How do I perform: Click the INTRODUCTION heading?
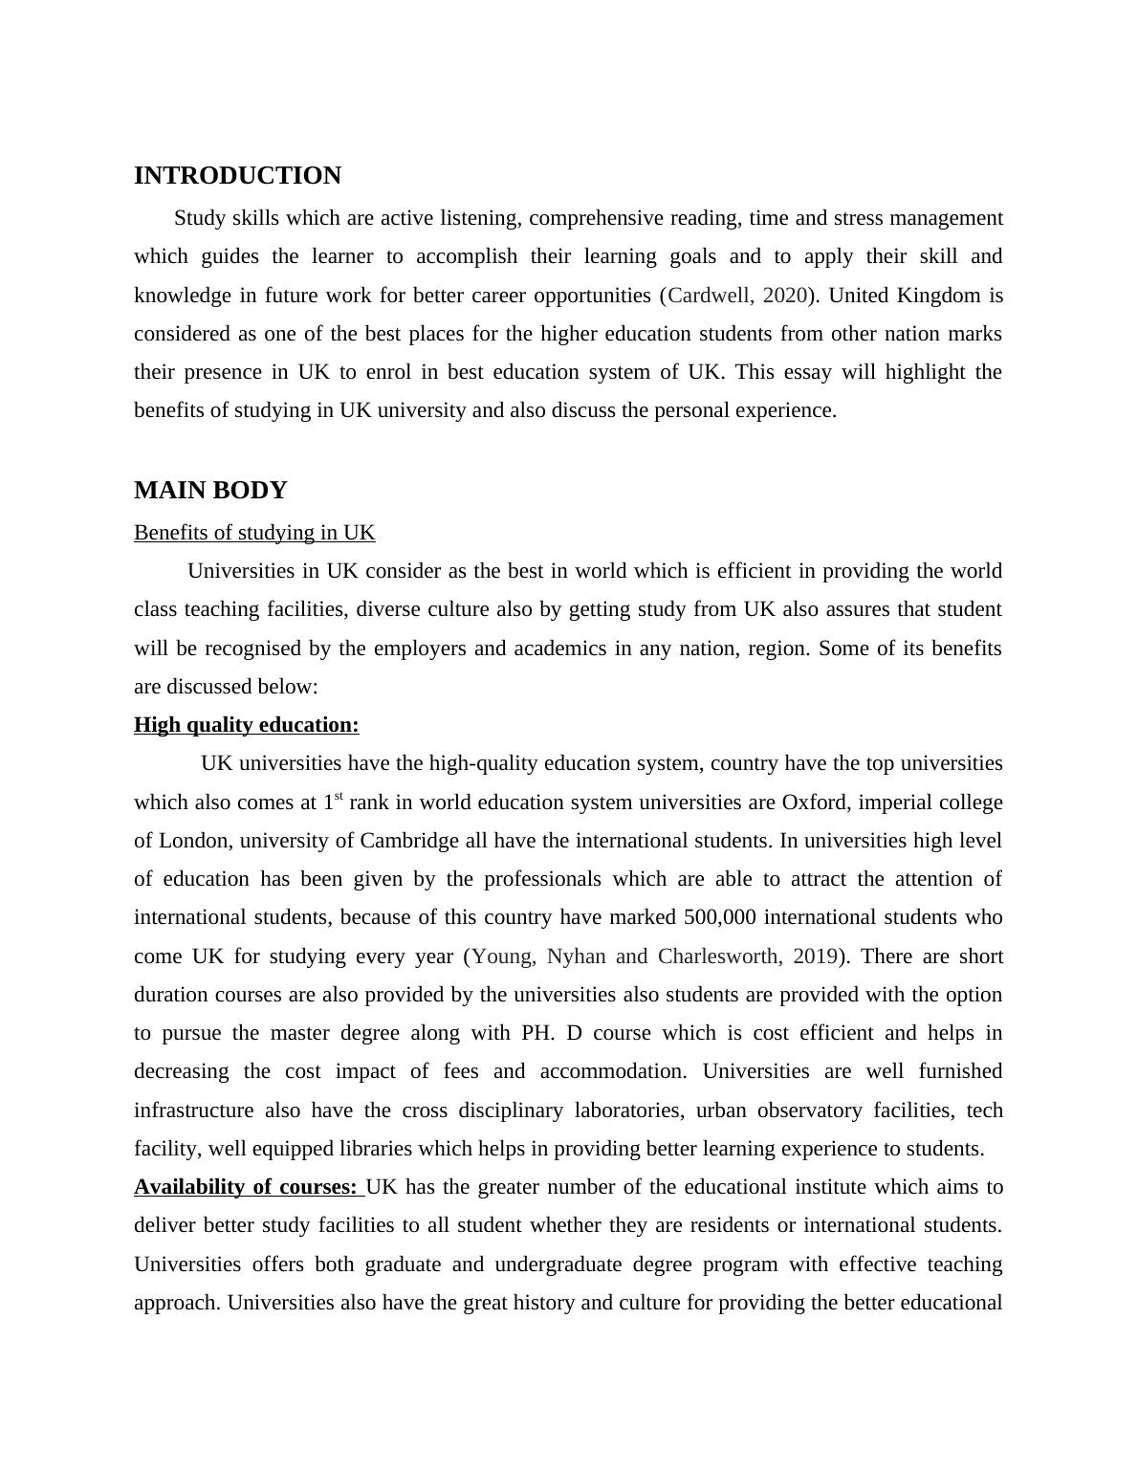coord(237,176)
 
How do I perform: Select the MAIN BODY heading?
coord(210,491)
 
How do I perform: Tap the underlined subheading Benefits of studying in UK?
coord(254,533)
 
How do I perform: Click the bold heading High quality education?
coord(246,725)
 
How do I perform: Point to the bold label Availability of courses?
coord(246,1187)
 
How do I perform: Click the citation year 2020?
coord(785,296)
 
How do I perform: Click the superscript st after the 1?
coord(339,797)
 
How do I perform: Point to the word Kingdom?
coord(939,296)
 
